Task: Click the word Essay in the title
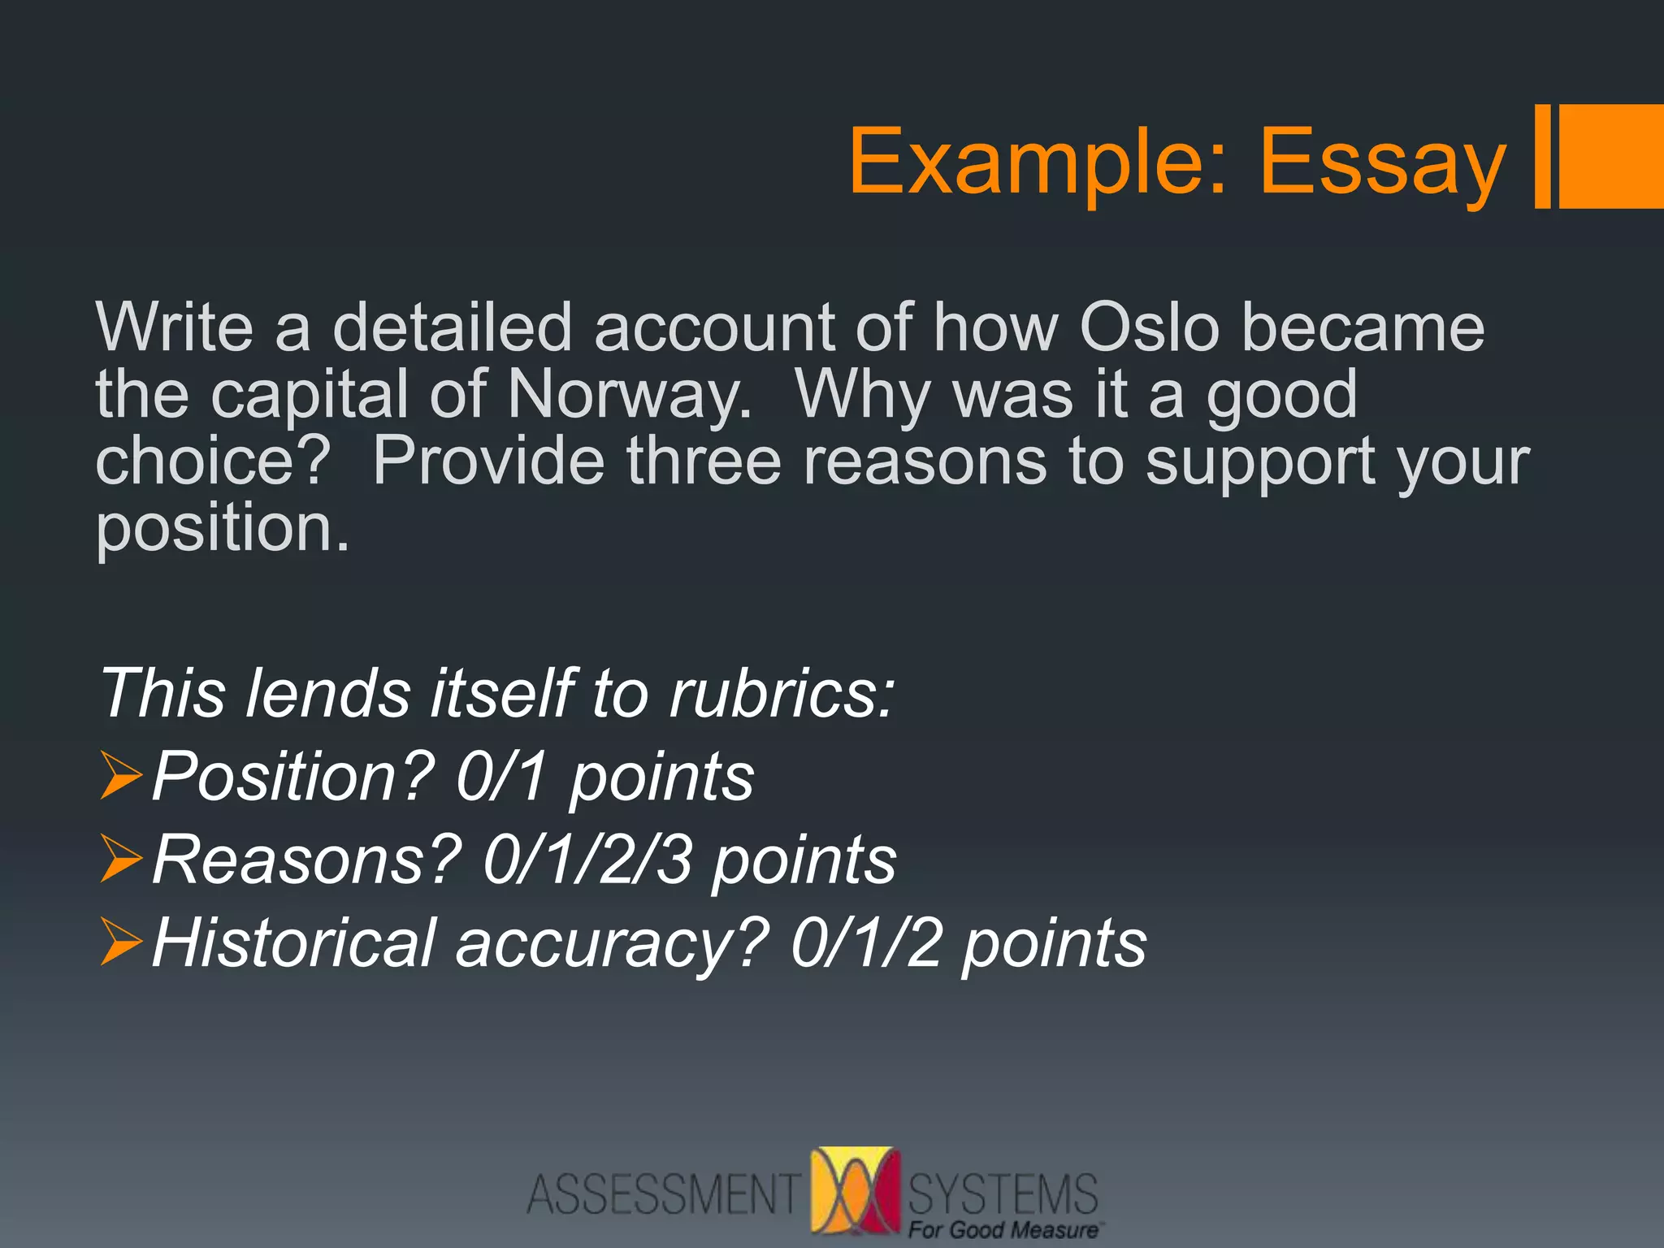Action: [1381, 162]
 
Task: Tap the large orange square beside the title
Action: [1610, 156]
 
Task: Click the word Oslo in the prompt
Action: [1149, 327]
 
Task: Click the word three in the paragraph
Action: [704, 461]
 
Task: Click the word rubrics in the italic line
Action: [781, 694]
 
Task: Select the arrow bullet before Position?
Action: [121, 776]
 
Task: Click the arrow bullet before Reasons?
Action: [121, 860]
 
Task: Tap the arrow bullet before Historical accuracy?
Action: [121, 942]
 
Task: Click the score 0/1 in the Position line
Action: [500, 777]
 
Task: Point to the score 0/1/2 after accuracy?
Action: [865, 943]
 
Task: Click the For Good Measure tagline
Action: [1003, 1230]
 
